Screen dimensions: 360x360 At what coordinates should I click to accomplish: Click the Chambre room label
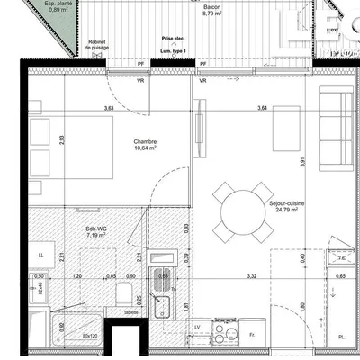pyautogui.click(x=145, y=142)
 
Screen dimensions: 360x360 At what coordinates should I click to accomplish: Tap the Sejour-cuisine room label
pyautogui.click(x=286, y=204)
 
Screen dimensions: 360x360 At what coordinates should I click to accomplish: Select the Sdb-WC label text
pyautogui.click(x=95, y=230)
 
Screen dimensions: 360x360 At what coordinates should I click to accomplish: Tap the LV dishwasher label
pyautogui.click(x=196, y=338)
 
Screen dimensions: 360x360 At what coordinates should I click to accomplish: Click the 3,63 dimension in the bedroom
pyautogui.click(x=109, y=109)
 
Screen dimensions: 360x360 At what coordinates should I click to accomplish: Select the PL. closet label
pyautogui.click(x=341, y=337)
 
